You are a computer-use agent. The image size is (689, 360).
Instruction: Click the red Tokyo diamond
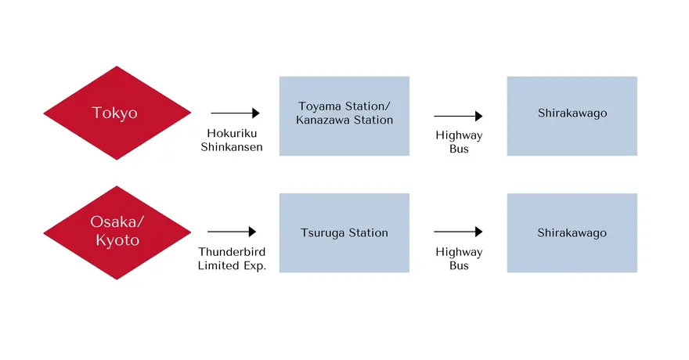coord(117,113)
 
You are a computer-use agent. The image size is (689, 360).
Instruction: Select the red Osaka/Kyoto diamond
coord(117,232)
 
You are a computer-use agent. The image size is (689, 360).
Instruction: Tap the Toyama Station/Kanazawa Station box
coord(344,116)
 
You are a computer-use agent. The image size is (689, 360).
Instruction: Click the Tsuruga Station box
coord(344,232)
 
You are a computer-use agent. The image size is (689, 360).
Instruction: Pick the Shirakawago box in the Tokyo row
coord(572,116)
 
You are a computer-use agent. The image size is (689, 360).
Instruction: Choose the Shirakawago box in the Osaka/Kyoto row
coord(572,232)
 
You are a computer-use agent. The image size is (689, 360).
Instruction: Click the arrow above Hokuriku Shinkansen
coord(236,113)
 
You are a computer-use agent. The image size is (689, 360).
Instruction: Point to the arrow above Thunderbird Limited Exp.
coord(232,232)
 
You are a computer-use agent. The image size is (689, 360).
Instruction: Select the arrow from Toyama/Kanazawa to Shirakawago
coord(458,116)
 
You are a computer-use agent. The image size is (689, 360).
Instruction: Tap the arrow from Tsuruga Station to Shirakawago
coord(458,232)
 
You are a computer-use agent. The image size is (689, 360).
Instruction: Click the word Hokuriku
coord(232,133)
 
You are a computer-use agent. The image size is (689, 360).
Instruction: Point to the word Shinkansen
coord(232,147)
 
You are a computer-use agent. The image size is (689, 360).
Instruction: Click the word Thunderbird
coord(232,252)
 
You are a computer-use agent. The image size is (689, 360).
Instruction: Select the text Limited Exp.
coord(232,266)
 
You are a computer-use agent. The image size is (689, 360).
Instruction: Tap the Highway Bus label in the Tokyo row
coord(459,142)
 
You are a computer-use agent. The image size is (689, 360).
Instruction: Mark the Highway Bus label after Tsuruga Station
coord(459,258)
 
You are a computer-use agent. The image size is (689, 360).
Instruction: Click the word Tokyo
coord(114,113)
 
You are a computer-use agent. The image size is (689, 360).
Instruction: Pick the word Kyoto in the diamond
coord(117,240)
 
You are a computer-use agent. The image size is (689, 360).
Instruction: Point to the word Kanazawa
coord(323,120)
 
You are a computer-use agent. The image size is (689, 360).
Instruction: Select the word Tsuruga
coord(322,233)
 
